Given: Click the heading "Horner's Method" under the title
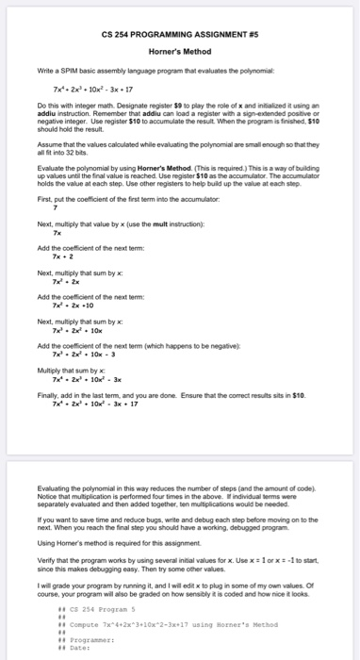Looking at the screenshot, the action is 179,51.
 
